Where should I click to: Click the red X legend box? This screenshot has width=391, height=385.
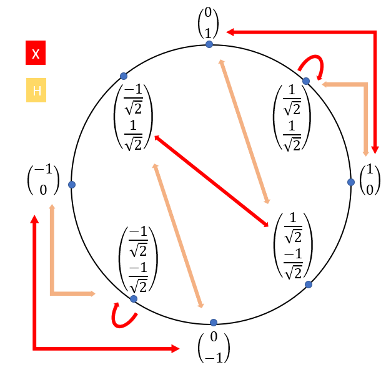click(x=36, y=53)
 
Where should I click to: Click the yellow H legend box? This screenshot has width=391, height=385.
click(x=36, y=90)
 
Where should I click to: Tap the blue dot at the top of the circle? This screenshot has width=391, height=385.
click(x=209, y=44)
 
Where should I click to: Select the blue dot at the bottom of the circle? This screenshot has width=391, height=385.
click(x=214, y=323)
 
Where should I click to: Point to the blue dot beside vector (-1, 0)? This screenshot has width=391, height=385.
click(x=72, y=185)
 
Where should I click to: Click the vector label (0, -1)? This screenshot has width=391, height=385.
click(x=214, y=348)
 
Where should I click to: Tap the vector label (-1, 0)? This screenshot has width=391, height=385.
click(x=43, y=181)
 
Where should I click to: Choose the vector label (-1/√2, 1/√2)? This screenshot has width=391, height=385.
click(x=134, y=118)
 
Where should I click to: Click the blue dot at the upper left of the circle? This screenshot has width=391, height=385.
click(x=124, y=76)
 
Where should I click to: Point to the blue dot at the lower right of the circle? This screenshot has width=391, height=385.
click(x=308, y=285)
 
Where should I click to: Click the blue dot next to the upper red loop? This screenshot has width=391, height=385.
click(x=306, y=81)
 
